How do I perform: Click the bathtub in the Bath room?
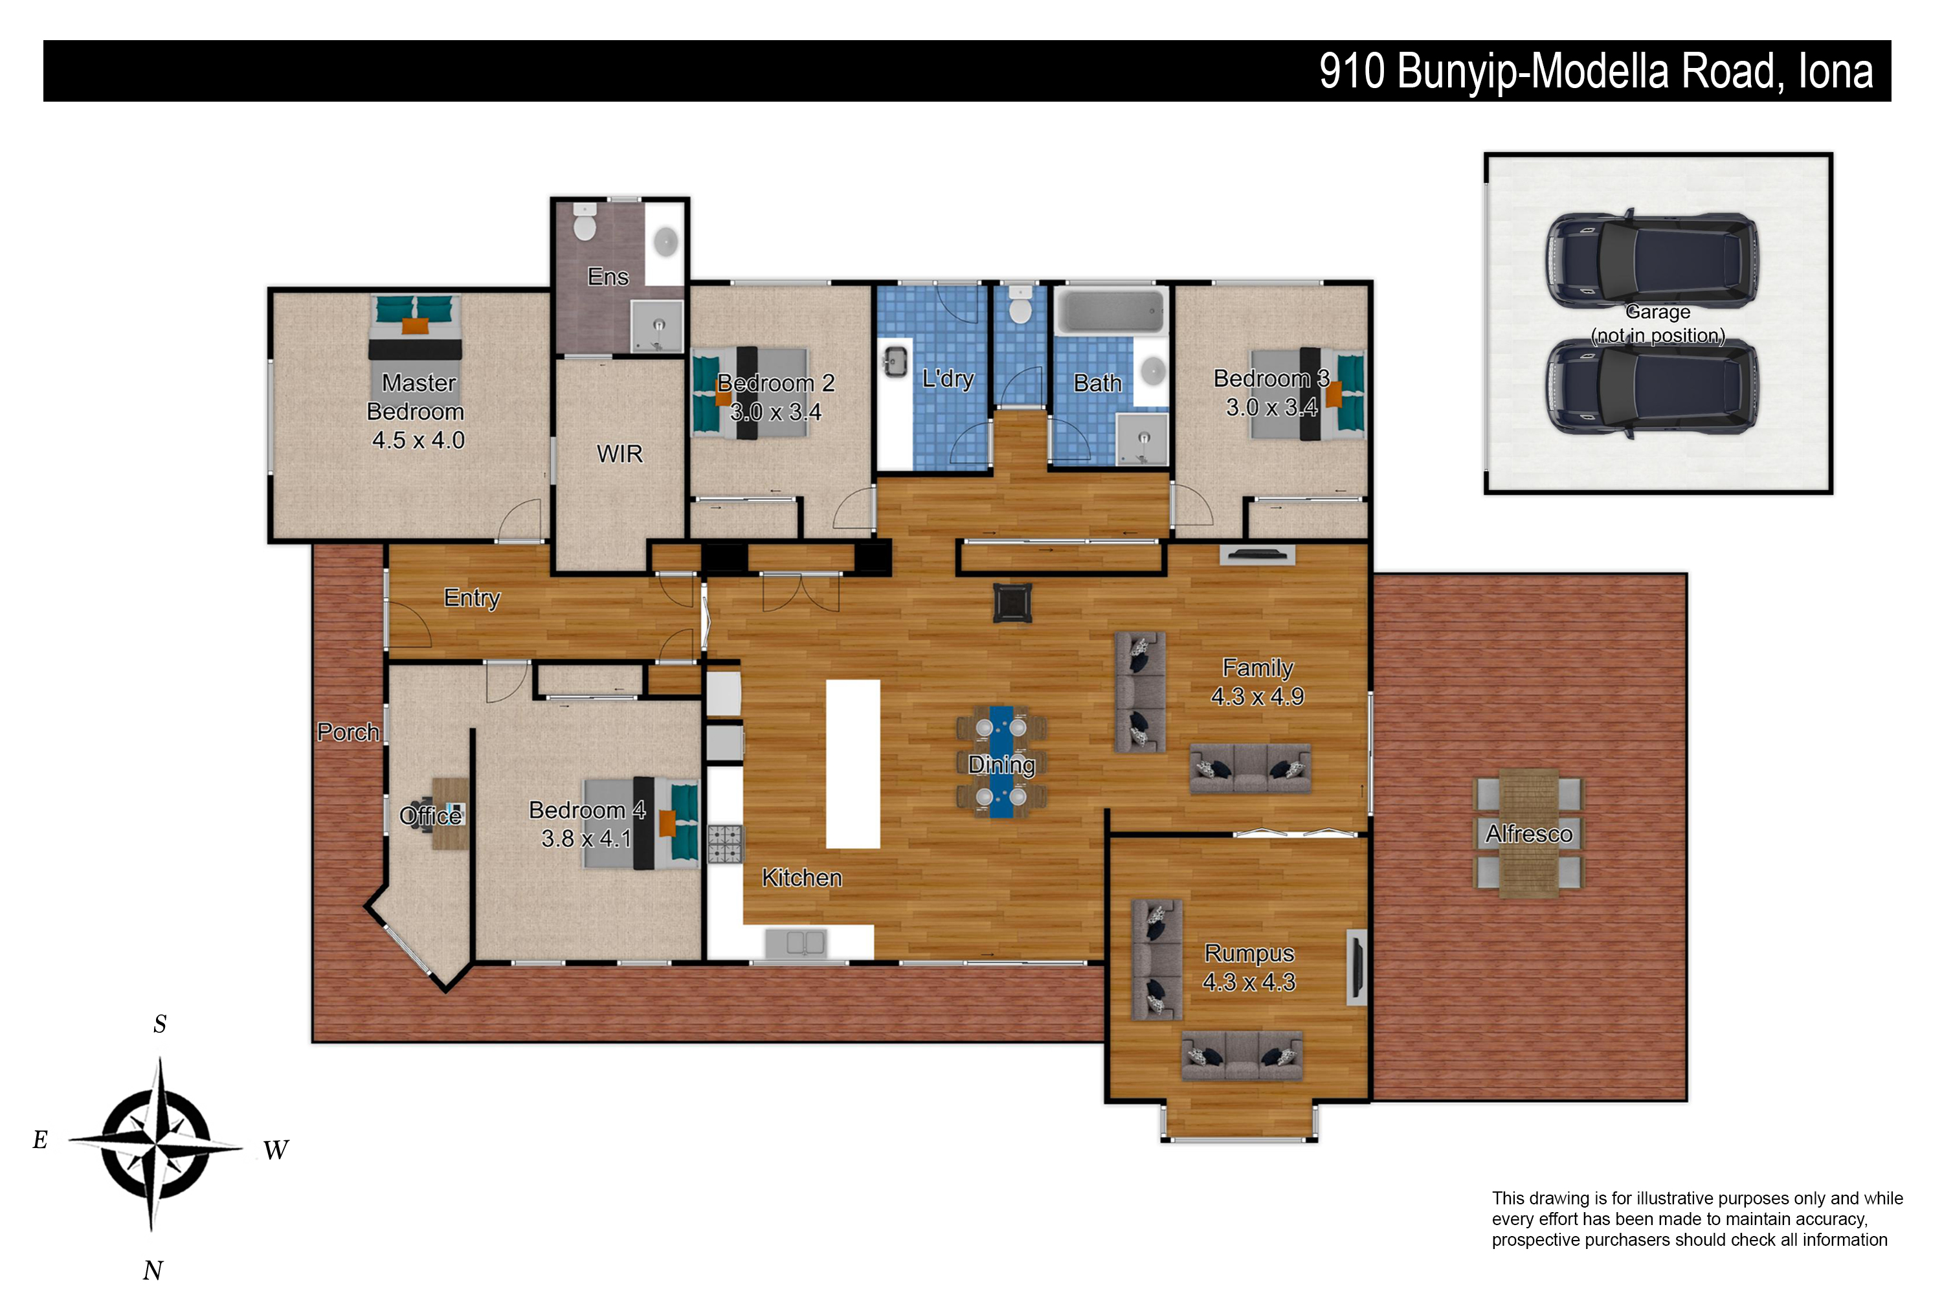pyautogui.click(x=1113, y=311)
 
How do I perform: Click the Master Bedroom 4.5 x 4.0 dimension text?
pyautogui.click(x=419, y=440)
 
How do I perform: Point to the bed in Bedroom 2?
pyautogui.click(x=750, y=393)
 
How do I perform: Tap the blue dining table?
pyautogui.click(x=1001, y=761)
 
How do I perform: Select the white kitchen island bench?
pyautogui.click(x=853, y=764)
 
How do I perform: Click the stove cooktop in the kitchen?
pyautogui.click(x=726, y=844)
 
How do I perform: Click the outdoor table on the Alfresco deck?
pyautogui.click(x=1529, y=833)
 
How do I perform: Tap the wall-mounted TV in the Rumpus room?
pyautogui.click(x=1355, y=967)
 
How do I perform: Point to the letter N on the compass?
pyautogui.click(x=153, y=1269)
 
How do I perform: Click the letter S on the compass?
pyautogui.click(x=160, y=1024)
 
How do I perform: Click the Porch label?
pyautogui.click(x=348, y=732)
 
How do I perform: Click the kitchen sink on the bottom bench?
pyautogui.click(x=796, y=942)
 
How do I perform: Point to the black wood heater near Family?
pyautogui.click(x=1013, y=603)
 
